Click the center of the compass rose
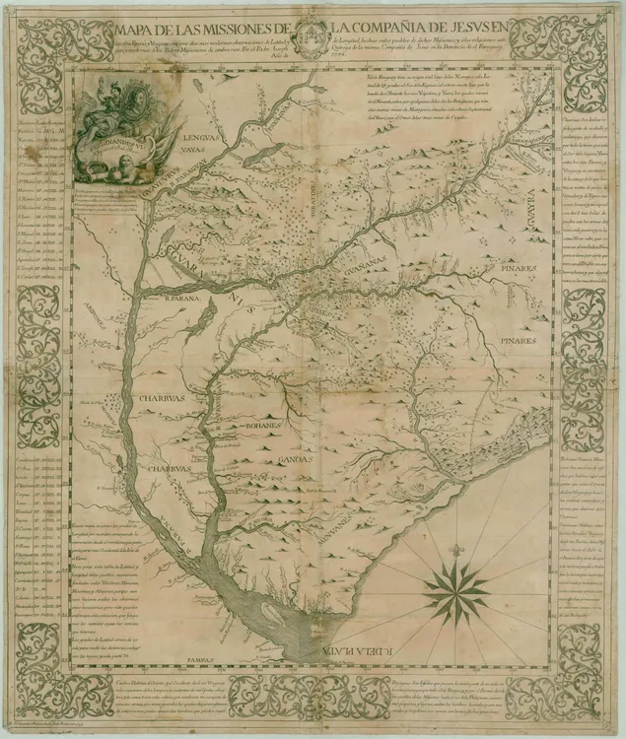tap(456, 592)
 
